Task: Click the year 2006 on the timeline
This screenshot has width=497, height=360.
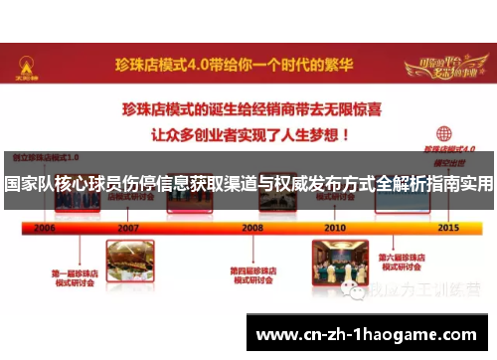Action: point(45,227)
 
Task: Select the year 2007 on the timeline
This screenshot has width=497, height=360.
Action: point(128,227)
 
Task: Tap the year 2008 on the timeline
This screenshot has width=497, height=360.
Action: point(252,227)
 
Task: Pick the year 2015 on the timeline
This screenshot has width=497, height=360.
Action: point(447,227)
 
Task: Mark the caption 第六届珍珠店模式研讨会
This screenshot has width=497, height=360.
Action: point(411,262)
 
